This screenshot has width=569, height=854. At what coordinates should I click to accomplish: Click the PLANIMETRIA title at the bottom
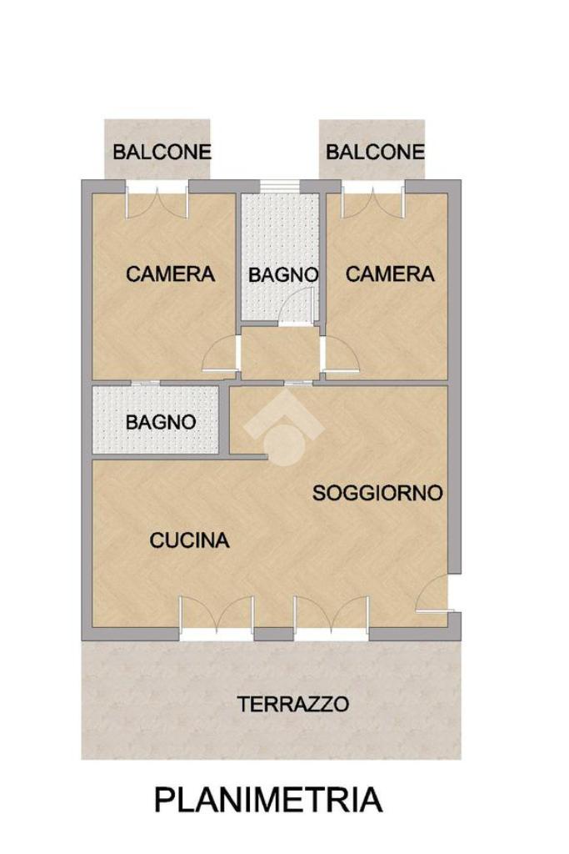pyautogui.click(x=268, y=800)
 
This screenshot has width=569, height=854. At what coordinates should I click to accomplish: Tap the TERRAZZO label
pyautogui.click(x=292, y=704)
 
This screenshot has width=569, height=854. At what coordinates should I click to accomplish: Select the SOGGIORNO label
pyautogui.click(x=377, y=493)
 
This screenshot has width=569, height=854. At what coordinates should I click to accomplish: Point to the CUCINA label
pyautogui.click(x=189, y=540)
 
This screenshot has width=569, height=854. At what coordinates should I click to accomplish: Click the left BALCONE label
pyautogui.click(x=162, y=152)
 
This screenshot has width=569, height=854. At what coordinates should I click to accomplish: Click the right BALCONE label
pyautogui.click(x=375, y=152)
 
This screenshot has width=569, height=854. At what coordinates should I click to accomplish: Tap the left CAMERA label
pyautogui.click(x=170, y=274)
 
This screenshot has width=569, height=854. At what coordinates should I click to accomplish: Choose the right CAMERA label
pyautogui.click(x=390, y=274)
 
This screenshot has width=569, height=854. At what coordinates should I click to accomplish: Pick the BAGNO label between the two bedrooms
pyautogui.click(x=283, y=275)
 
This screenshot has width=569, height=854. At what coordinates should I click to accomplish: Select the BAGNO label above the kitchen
pyautogui.click(x=161, y=421)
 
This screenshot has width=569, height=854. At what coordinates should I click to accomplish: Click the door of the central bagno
pyautogui.click(x=297, y=308)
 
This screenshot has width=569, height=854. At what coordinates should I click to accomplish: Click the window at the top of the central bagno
pyautogui.click(x=279, y=186)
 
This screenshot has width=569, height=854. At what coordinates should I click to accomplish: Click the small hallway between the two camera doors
pyautogui.click(x=280, y=353)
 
